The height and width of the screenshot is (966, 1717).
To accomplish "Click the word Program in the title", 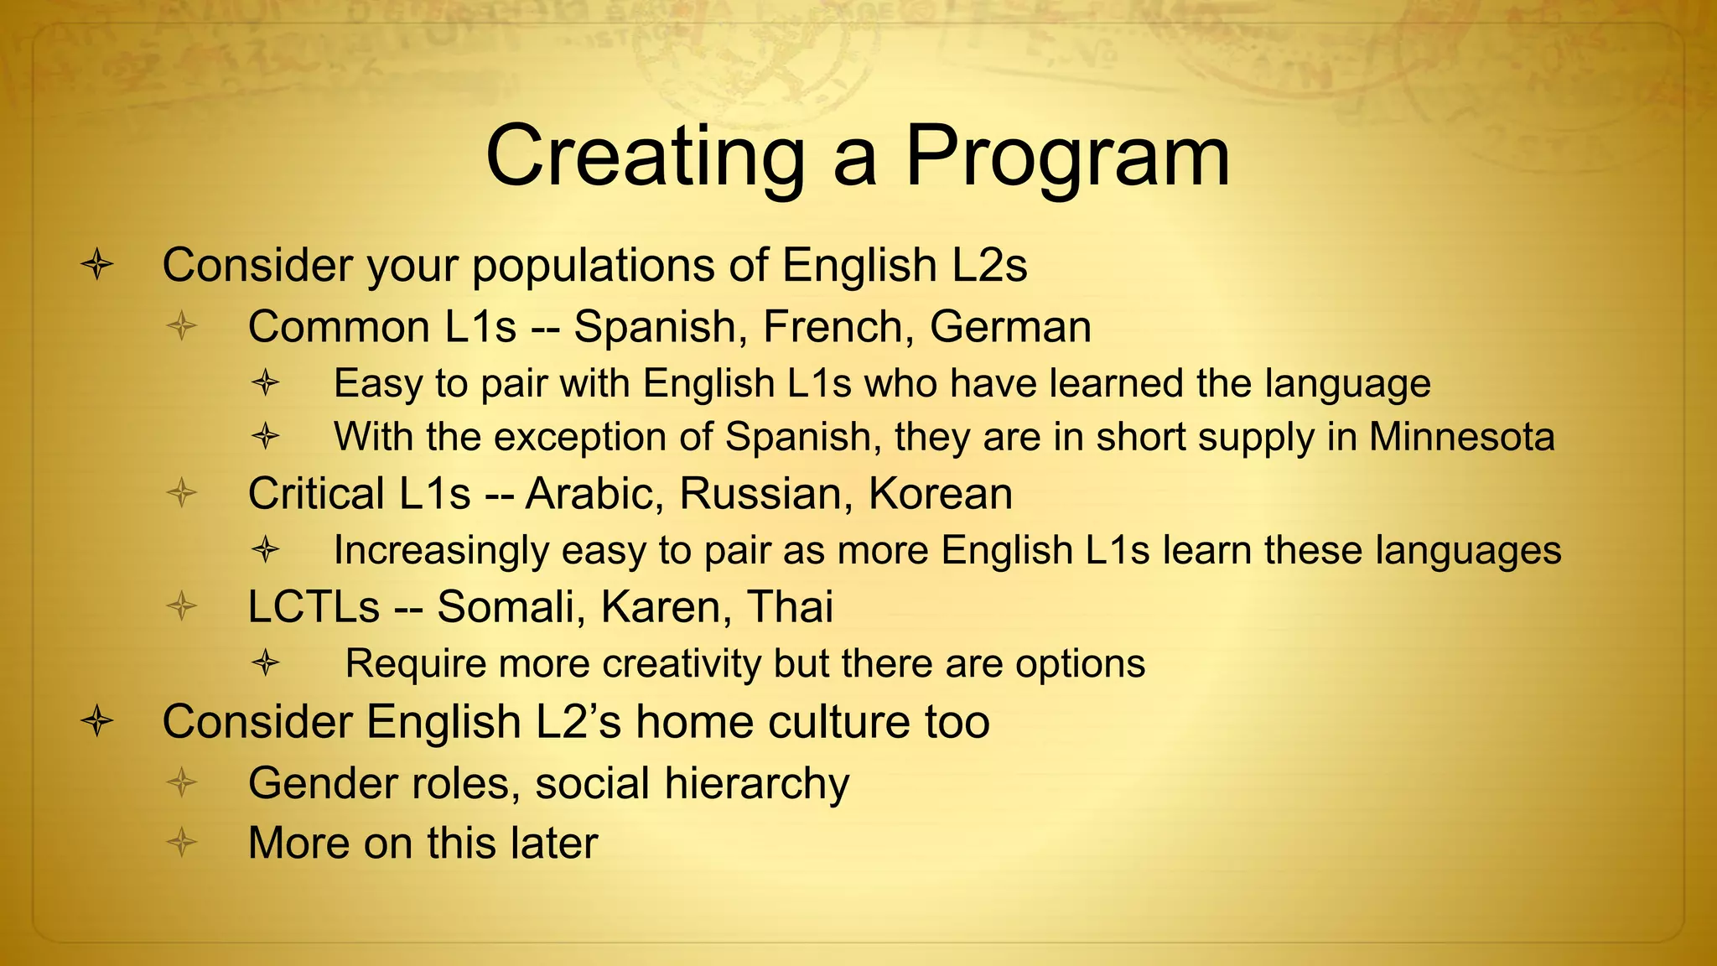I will pyautogui.click(x=1067, y=157).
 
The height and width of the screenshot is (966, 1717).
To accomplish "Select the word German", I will pyautogui.click(x=1010, y=326).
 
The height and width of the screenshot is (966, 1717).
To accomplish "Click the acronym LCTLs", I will pyautogui.click(x=314, y=606).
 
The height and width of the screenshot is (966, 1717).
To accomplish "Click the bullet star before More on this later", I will pyautogui.click(x=181, y=842).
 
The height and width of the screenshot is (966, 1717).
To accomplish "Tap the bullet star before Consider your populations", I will pyautogui.click(x=97, y=265).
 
